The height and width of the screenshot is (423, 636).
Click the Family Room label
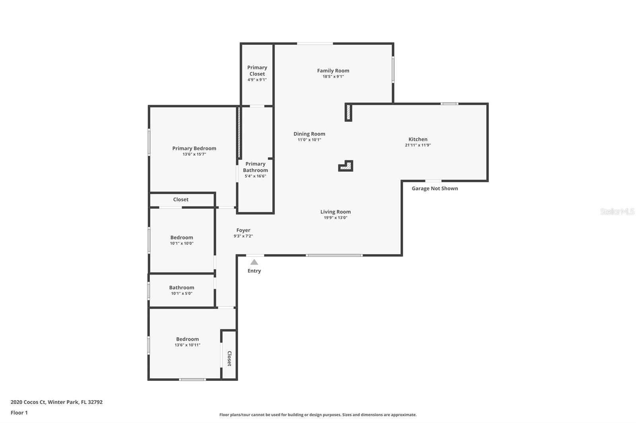[333, 71]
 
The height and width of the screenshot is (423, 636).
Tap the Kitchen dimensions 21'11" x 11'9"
[418, 145]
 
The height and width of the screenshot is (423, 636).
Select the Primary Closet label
[257, 71]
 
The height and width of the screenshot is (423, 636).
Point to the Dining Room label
[309, 134]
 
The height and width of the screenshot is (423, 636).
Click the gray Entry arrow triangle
[254, 262]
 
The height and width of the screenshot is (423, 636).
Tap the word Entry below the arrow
[254, 271]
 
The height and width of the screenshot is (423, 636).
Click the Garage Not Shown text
[434, 188]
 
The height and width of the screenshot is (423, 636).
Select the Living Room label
[335, 212]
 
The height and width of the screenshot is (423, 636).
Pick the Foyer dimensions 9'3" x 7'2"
[243, 236]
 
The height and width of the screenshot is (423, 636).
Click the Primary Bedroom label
[194, 148]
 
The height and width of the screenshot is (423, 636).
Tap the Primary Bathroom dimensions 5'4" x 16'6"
[255, 176]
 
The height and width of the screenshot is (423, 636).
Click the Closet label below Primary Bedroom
[181, 200]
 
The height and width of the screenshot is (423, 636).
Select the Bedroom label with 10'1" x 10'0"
[182, 238]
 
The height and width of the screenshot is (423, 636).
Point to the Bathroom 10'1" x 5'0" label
[182, 288]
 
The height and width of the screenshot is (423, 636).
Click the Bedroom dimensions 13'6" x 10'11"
[187, 345]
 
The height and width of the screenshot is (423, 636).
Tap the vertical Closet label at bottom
[229, 358]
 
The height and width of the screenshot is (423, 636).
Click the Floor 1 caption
[19, 413]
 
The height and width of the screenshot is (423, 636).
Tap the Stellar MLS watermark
[617, 211]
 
